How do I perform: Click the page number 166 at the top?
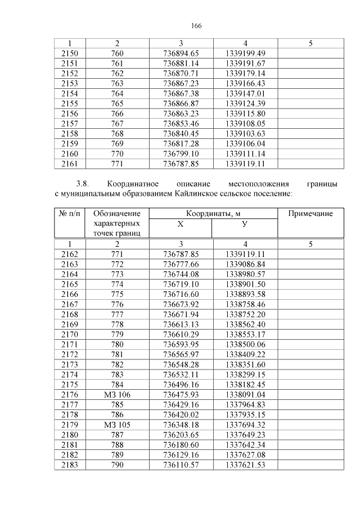pyautogui.click(x=196, y=26)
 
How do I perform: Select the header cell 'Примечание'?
pyautogui.click(x=310, y=214)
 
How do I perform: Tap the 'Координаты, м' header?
pyautogui.click(x=213, y=214)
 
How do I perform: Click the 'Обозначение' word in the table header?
pyautogui.click(x=118, y=214)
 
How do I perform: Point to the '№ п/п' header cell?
pyautogui.click(x=70, y=214)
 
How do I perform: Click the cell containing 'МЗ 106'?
pyautogui.click(x=118, y=395)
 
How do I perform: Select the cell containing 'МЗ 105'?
pyautogui.click(x=118, y=425)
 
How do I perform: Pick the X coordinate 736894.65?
pyautogui.click(x=181, y=53)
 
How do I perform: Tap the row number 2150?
pyautogui.click(x=70, y=53)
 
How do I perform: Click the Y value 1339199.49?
pyautogui.click(x=245, y=53)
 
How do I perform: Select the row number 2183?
pyautogui.click(x=70, y=465)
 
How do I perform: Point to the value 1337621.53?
pyautogui.click(x=245, y=465)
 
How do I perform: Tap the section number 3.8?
pyautogui.click(x=83, y=184)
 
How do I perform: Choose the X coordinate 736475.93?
pyautogui.click(x=181, y=395)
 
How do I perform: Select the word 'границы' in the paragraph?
pyautogui.click(x=323, y=184)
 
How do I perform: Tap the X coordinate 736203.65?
pyautogui.click(x=181, y=435)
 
